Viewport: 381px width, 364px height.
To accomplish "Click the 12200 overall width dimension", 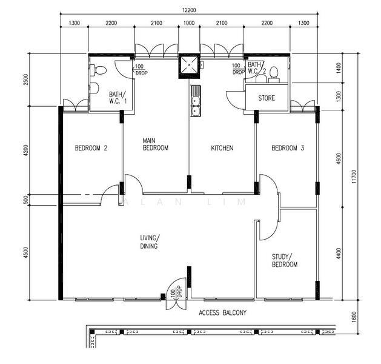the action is coord(189,10).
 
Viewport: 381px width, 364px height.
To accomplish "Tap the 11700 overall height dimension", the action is coord(354,177).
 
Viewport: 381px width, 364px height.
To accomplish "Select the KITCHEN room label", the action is coord(222,148).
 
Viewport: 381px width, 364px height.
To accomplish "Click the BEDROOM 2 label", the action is coord(91,148).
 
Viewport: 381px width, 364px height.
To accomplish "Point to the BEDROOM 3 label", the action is coord(288,148).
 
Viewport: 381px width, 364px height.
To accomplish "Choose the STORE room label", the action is coord(267,98).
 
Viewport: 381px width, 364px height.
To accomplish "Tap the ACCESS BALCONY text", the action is coord(222,312).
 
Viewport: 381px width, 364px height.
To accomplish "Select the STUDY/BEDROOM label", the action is coord(285,260).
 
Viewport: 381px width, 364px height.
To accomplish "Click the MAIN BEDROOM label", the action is coord(156,144).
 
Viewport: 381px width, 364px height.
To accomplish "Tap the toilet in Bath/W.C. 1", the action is coord(98,70).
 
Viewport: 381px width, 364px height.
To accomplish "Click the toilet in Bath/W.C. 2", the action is coord(274,74).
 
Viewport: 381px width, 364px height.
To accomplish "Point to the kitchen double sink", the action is coord(196,101).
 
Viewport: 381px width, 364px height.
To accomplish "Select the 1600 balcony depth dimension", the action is coord(354,317).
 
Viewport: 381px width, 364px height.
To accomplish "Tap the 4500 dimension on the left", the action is coord(26,253).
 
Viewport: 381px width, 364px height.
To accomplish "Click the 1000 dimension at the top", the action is coord(189,23).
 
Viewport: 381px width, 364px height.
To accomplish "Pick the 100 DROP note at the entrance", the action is coord(176,291).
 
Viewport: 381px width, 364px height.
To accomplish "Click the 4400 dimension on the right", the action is coord(338,254).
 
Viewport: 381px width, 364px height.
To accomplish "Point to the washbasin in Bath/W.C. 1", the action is coord(94,88).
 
